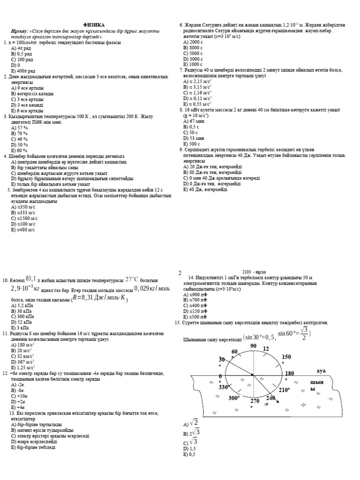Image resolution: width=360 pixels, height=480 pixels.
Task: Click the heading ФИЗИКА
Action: coord(94,24)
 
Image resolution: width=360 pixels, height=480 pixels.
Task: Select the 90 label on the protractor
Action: coord(254,346)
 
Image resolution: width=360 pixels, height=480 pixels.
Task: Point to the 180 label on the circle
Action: coord(289,373)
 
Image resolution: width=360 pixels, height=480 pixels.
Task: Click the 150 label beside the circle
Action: coord(286,357)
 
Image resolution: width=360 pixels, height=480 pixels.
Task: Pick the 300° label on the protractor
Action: coord(234,398)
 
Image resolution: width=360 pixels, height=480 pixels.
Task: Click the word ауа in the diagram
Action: coord(321,371)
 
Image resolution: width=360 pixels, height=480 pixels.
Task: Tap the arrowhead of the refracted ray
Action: coord(278,402)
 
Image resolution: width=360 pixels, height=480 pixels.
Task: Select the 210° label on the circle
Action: coord(285,390)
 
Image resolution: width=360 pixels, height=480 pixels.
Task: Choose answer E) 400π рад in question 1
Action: coord(23,70)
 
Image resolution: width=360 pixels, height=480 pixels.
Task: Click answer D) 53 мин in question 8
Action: coord(194,138)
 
